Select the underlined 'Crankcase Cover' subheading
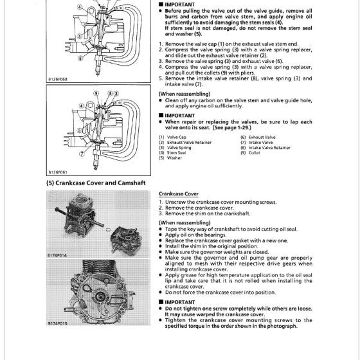point(181,194)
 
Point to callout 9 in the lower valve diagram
point(96,94)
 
